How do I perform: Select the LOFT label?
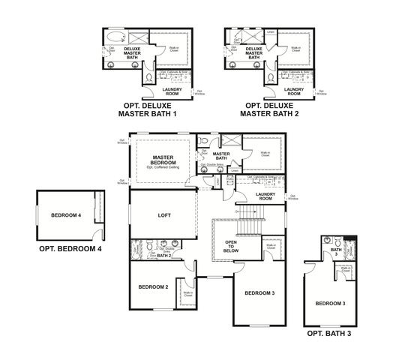coord(164,215)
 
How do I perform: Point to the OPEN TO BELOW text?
coord(232,247)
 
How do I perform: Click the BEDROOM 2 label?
coord(152,286)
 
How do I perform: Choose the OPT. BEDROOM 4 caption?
coord(70,248)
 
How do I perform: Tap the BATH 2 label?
coord(164,256)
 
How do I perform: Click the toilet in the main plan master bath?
coord(204,142)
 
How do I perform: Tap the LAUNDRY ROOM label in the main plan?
coord(265,195)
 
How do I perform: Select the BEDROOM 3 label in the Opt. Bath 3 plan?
coord(330,303)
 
